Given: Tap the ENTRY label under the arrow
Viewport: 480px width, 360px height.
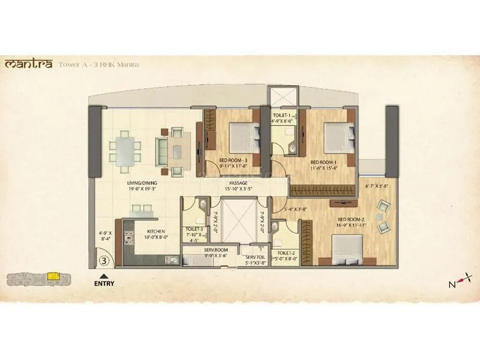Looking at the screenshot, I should [x=104, y=284].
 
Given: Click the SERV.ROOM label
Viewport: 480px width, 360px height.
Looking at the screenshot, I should [x=214, y=250].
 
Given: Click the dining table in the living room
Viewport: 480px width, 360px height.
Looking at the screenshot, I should [x=124, y=146].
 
